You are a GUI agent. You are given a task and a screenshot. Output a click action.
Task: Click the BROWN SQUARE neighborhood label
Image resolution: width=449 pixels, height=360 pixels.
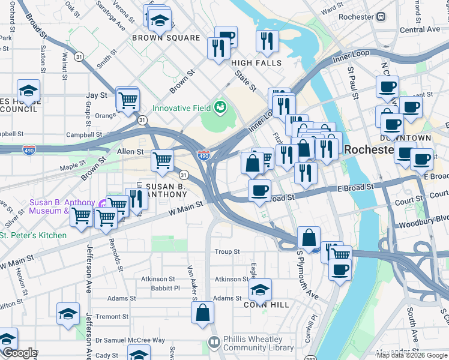(166, 38)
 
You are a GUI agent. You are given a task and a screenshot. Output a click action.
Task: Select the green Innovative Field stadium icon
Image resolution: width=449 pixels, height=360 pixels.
(220, 107)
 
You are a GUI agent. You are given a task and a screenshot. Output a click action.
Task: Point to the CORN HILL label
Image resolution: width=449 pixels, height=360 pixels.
(267, 305)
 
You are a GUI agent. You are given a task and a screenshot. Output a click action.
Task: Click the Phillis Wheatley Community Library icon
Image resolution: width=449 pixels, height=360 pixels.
(214, 342)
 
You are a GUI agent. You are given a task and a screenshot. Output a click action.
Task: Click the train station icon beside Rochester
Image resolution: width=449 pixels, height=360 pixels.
(381, 17)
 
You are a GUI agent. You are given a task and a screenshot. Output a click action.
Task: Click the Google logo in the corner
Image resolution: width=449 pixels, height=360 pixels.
(19, 353)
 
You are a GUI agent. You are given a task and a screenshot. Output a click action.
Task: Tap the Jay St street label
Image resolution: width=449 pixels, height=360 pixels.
(97, 95)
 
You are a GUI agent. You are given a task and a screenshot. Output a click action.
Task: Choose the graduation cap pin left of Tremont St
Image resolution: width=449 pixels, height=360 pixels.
(68, 313)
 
